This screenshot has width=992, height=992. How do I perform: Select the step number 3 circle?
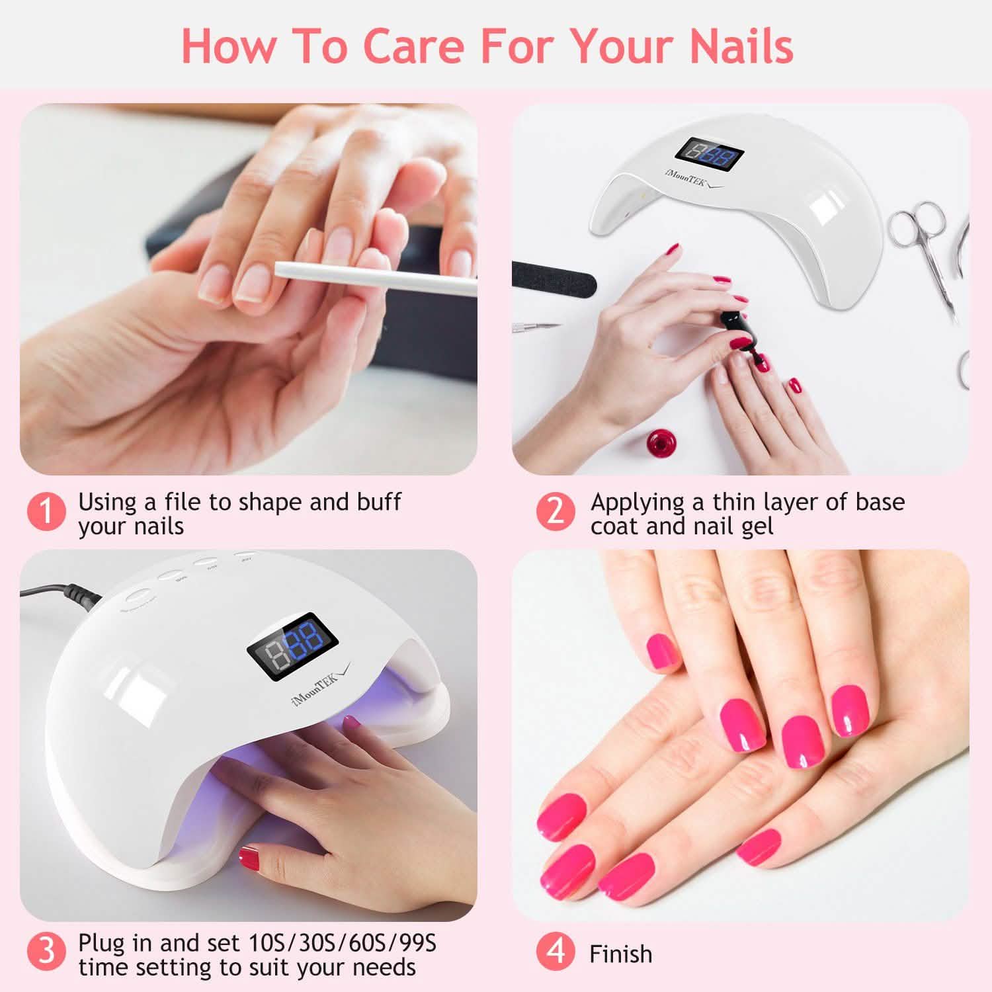(46, 952)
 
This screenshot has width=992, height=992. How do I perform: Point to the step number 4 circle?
(556, 952)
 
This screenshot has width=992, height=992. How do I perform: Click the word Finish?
(620, 954)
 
